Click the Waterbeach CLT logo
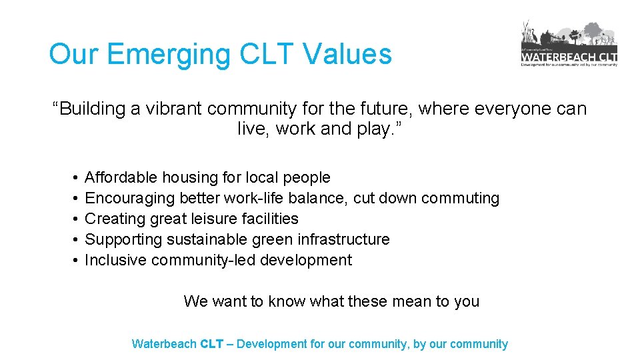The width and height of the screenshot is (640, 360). tap(569, 44)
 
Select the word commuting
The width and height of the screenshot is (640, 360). tap(461, 198)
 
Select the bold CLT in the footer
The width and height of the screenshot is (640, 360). tap(211, 345)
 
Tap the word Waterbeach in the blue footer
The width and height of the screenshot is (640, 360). tap(164, 345)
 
